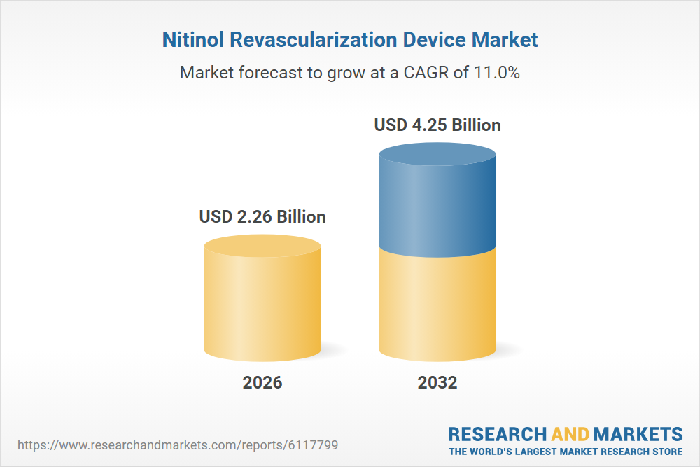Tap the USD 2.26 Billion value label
262,216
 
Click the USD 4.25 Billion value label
437,125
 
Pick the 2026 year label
262,383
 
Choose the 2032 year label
437,383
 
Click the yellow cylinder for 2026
262,308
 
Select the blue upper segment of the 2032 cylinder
437,210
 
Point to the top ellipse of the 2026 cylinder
262,246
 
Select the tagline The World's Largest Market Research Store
566,452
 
